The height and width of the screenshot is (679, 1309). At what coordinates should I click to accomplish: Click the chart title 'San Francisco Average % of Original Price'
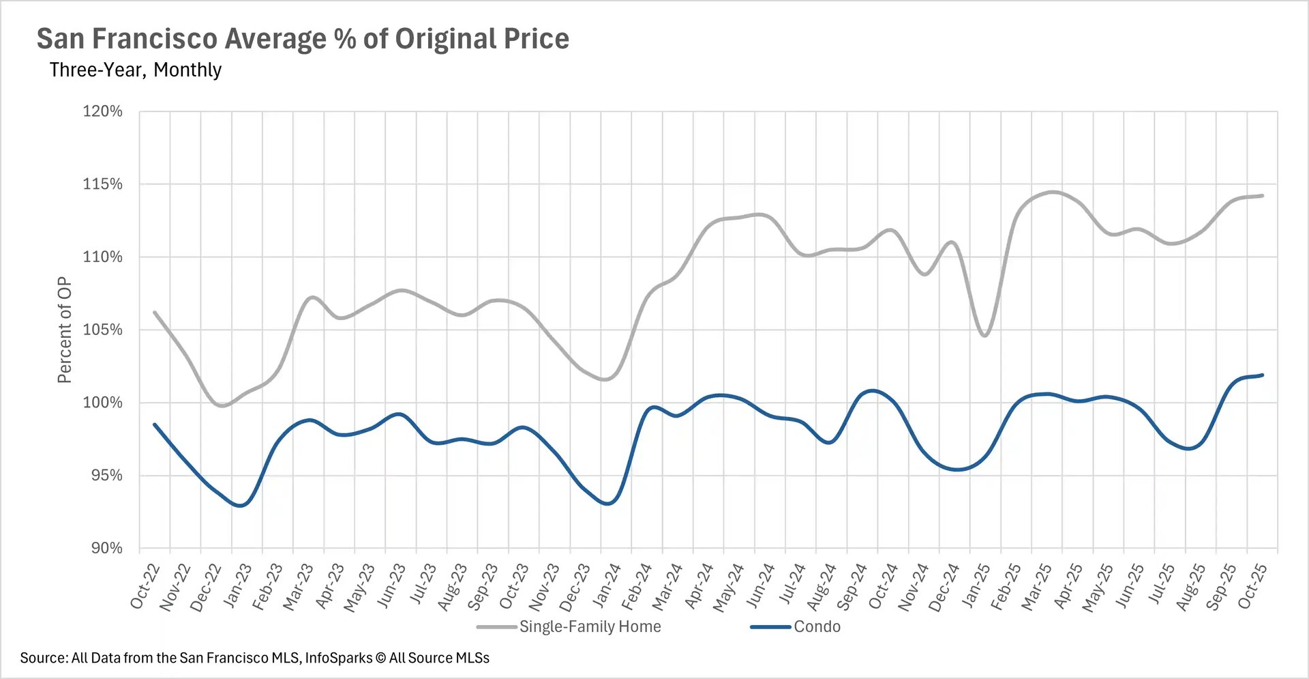click(x=303, y=39)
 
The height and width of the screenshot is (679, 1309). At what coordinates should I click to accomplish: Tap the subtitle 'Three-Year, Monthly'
click(x=135, y=70)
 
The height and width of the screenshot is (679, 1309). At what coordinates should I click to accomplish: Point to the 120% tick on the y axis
click(x=103, y=111)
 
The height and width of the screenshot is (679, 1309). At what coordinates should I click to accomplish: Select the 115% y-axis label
click(x=103, y=184)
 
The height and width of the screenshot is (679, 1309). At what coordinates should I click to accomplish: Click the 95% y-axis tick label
click(x=107, y=476)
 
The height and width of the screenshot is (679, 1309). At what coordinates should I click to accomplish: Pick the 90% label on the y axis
click(x=107, y=548)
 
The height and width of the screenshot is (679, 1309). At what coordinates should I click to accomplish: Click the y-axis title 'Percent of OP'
click(x=64, y=330)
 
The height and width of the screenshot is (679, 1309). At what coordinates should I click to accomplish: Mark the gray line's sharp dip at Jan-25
click(x=984, y=335)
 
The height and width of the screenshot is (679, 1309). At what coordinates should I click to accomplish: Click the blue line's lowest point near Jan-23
click(x=240, y=506)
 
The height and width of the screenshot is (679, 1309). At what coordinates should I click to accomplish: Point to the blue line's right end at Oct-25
click(x=1262, y=375)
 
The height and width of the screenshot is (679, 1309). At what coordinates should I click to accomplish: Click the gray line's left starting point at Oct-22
click(x=155, y=313)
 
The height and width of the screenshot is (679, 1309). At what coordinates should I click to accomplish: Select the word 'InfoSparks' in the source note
click(x=339, y=658)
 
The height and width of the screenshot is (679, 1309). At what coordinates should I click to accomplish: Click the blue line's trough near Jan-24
click(x=608, y=504)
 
